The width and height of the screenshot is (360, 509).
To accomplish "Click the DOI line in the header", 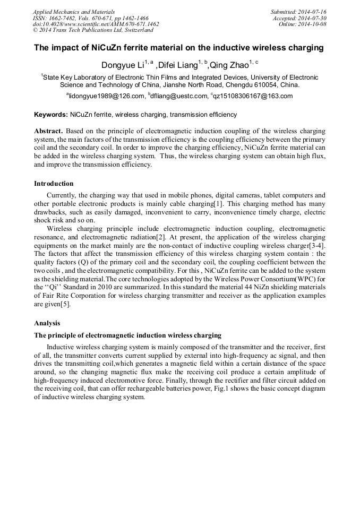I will [96, 24].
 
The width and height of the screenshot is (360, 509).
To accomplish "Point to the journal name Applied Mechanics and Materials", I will [74, 12].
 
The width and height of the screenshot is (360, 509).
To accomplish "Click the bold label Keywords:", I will [51, 115].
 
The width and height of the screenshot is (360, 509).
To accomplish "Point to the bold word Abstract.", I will [48, 131].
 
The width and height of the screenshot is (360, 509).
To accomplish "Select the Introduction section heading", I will [54, 184].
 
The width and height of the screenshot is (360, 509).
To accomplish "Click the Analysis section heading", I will [47, 323].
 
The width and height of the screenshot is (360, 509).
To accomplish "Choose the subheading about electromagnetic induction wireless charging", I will [127, 335].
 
